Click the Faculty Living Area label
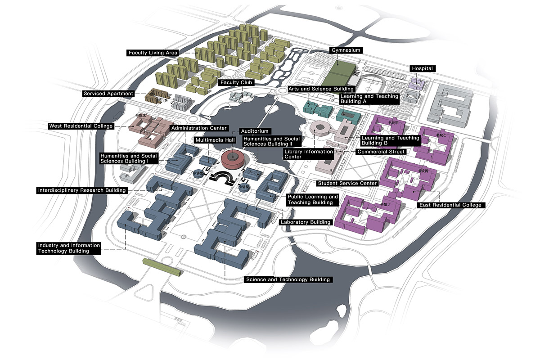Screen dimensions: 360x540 coord(153,53)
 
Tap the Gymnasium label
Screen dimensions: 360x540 coord(346,50)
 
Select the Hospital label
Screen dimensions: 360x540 coord(422,68)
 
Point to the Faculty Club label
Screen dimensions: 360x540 coord(237,83)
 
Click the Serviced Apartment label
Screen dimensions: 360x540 coord(108,94)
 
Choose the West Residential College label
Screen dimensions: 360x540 coord(81,126)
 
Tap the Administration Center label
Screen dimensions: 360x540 coord(199,128)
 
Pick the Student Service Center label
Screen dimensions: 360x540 coord(347,183)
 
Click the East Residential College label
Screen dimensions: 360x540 coord(450,205)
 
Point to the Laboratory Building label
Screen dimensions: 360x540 coord(306,222)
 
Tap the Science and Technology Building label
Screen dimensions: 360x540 coord(288,279)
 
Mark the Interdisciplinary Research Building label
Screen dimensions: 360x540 coord(81,190)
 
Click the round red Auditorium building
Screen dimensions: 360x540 coord(233,159)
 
